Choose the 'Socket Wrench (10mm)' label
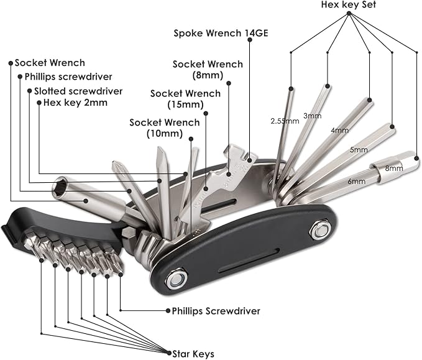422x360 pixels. (x=165, y=127)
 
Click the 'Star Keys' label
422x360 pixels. (x=193, y=353)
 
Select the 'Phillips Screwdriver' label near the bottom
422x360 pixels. (x=212, y=310)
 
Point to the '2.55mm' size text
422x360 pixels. (x=285, y=121)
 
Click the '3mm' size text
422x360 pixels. (x=312, y=116)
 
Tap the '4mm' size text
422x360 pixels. (x=340, y=131)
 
